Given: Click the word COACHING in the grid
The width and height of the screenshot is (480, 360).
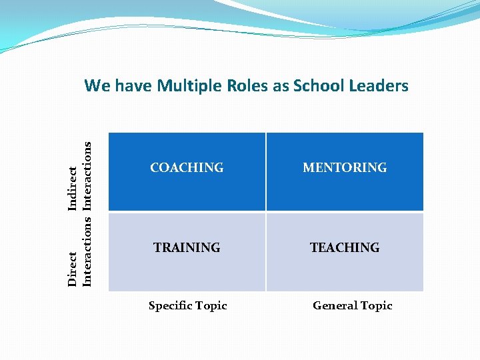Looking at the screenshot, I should tap(187, 168).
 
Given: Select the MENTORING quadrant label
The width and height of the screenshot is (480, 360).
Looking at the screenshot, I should tap(345, 168).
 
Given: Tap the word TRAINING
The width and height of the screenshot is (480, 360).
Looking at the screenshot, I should tap(187, 248).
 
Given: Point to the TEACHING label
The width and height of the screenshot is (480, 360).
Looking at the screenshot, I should tap(345, 248).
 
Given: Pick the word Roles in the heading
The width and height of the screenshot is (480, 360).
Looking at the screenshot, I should tap(247, 86).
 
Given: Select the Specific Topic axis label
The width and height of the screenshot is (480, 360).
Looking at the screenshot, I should tap(188, 306).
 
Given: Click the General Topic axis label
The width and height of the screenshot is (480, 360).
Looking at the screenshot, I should tap(353, 306).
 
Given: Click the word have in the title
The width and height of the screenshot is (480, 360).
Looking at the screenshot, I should tap(134, 86).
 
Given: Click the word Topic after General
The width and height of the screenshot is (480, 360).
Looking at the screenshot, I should tap(377, 306).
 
